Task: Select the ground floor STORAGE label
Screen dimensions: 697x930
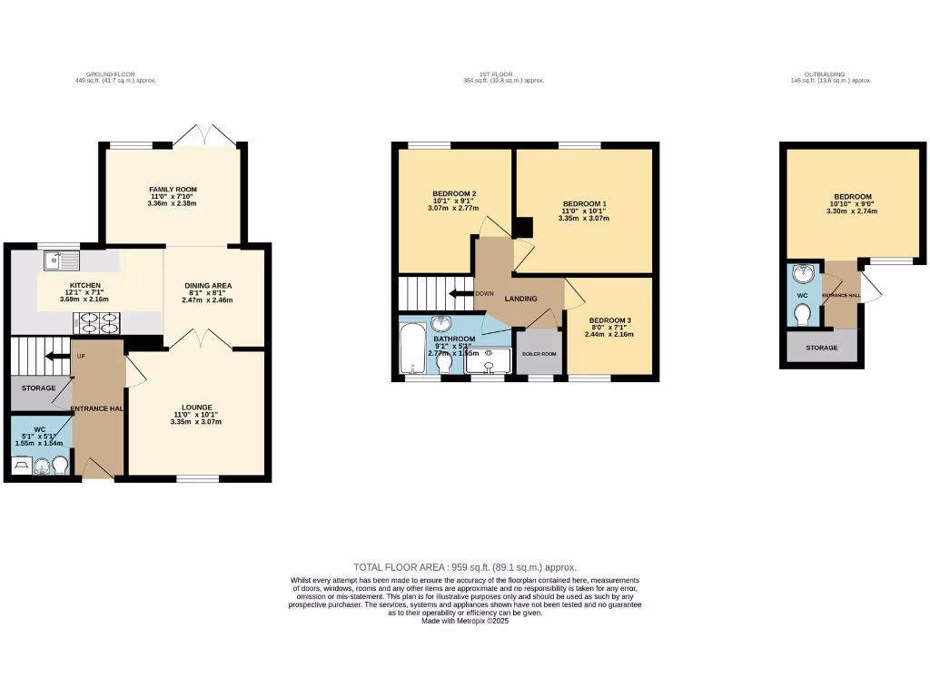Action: (39, 388)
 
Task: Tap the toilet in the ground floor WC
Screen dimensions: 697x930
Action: (61, 465)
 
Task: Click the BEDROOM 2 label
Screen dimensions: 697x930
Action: (454, 193)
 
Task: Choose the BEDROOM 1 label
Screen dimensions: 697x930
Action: (584, 203)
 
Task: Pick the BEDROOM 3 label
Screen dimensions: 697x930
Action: (608, 320)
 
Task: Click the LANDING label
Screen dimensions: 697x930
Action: (520, 299)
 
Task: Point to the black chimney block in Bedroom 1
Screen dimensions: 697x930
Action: (523, 229)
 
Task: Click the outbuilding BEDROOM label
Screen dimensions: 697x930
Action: (853, 197)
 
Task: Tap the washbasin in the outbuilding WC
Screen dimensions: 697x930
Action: (802, 275)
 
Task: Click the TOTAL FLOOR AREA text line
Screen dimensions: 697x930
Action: (465, 566)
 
